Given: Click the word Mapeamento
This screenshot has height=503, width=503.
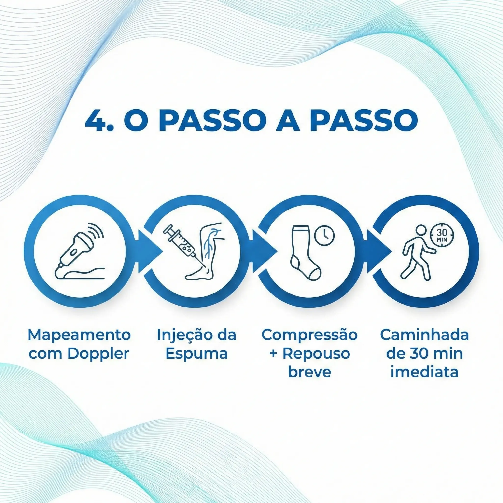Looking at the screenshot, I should pyautogui.click(x=79, y=335).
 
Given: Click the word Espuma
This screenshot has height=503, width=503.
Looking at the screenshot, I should pyautogui.click(x=196, y=354).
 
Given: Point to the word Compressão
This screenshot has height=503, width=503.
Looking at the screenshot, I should pyautogui.click(x=309, y=335).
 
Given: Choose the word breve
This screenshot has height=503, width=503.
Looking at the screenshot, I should pyautogui.click(x=309, y=372).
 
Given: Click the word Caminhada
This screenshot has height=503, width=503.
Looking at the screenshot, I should pyautogui.click(x=424, y=335).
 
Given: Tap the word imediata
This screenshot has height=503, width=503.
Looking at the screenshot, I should pyautogui.click(x=424, y=372).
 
